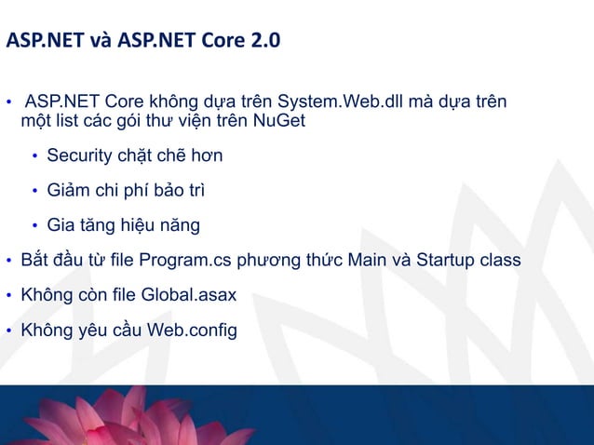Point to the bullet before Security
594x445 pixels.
click(x=35, y=155)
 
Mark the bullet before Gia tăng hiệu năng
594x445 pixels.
click(x=35, y=226)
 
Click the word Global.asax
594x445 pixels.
click(x=190, y=295)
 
